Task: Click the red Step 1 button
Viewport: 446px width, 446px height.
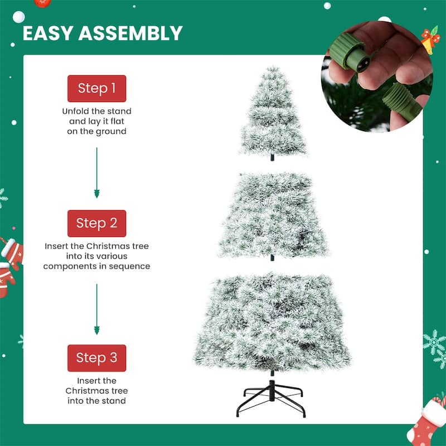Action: point(96,89)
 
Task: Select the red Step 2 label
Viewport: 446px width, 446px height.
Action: point(96,224)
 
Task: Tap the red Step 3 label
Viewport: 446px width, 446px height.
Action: point(96,358)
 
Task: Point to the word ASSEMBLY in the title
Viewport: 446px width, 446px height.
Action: point(135,33)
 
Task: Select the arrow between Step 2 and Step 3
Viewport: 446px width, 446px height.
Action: point(96,309)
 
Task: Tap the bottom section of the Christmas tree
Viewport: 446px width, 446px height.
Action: point(273,321)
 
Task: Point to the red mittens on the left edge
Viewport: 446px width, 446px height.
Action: point(9,265)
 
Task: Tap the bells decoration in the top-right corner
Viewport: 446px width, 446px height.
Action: point(430,39)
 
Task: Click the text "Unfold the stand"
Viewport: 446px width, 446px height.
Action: point(96,111)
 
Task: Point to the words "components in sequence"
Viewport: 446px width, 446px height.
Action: point(96,266)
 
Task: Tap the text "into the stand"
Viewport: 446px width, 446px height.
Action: point(96,400)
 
